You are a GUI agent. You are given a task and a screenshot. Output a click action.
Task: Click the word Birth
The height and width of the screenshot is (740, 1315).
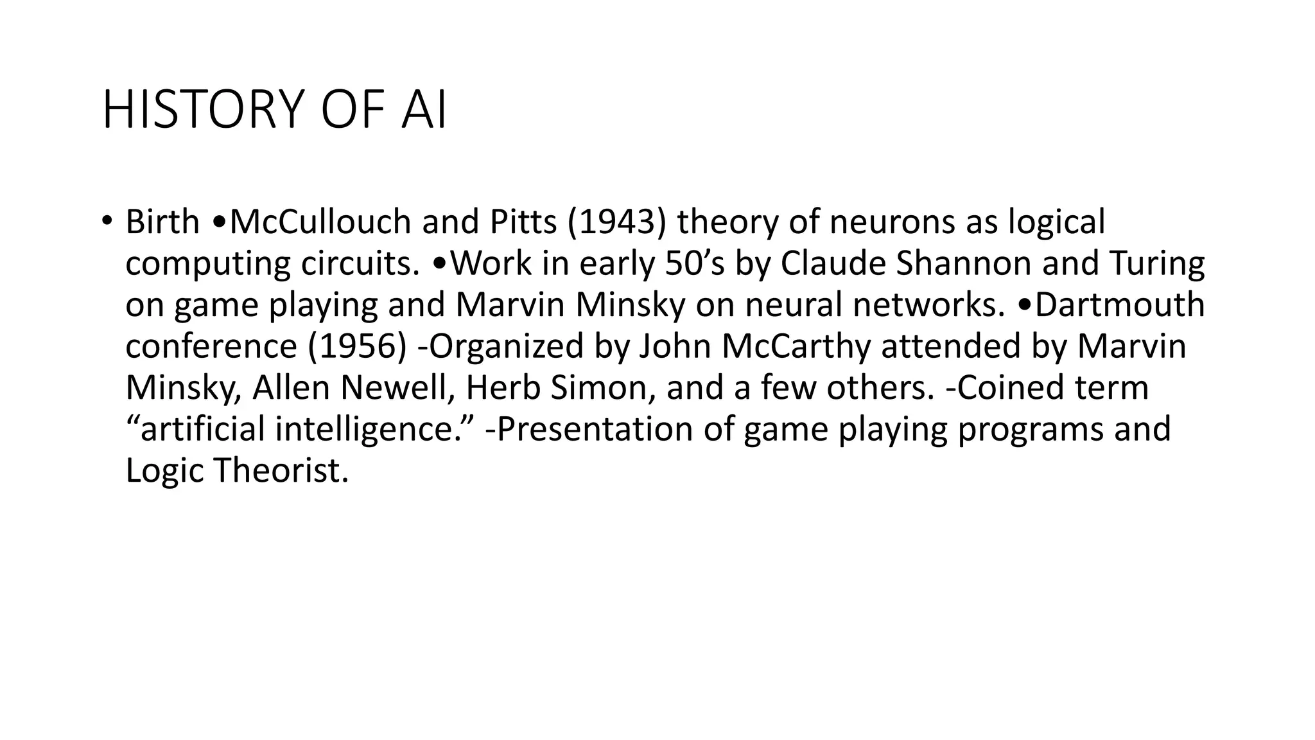click(x=162, y=222)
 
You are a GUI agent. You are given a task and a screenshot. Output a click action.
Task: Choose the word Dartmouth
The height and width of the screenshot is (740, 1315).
click(x=1120, y=304)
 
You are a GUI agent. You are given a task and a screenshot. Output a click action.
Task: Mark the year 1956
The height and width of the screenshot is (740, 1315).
click(x=357, y=346)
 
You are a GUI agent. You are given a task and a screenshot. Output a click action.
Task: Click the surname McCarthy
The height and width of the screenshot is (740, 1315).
click(x=796, y=346)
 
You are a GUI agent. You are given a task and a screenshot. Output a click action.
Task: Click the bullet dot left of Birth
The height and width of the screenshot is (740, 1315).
click(x=106, y=222)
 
